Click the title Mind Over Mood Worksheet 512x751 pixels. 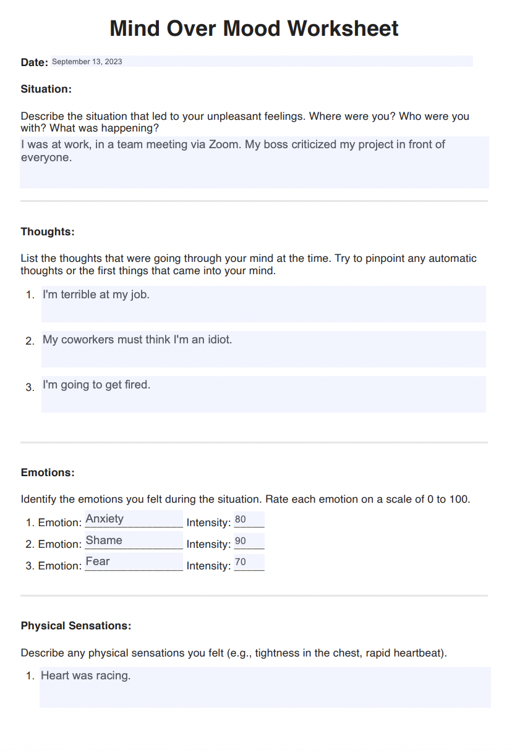(x=254, y=28)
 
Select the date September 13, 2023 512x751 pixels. (x=87, y=62)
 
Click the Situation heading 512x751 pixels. (x=46, y=89)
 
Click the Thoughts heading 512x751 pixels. (x=48, y=232)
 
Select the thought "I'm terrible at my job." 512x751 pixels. (x=96, y=295)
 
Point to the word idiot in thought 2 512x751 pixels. (x=217, y=340)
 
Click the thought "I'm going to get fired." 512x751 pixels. (x=96, y=385)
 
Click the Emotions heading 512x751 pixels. (x=48, y=472)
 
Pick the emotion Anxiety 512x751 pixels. (x=105, y=519)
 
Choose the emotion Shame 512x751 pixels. (x=104, y=540)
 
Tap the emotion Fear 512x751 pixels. (x=98, y=561)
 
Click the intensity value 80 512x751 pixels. (x=241, y=519)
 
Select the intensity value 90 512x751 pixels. (x=241, y=541)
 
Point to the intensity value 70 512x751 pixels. (x=241, y=562)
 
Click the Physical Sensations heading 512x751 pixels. (x=76, y=626)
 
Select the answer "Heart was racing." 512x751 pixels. (x=86, y=676)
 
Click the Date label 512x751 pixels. (x=35, y=62)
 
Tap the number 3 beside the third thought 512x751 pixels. (x=29, y=388)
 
